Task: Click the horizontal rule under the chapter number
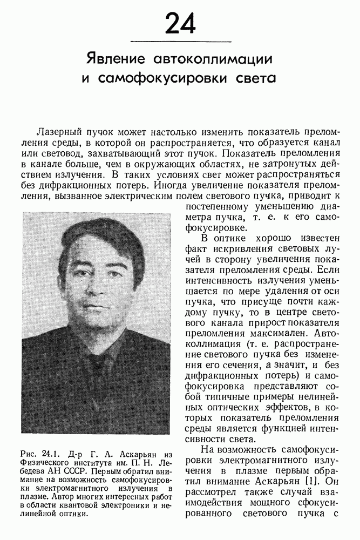pos(181,42)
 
